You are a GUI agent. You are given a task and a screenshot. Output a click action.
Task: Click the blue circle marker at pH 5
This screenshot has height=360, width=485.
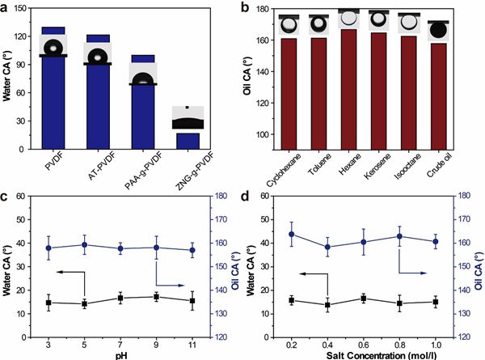(x=84, y=244)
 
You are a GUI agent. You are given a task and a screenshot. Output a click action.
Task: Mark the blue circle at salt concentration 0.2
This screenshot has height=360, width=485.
(x=291, y=235)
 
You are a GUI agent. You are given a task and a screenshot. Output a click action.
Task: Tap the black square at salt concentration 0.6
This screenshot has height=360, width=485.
(x=364, y=299)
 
